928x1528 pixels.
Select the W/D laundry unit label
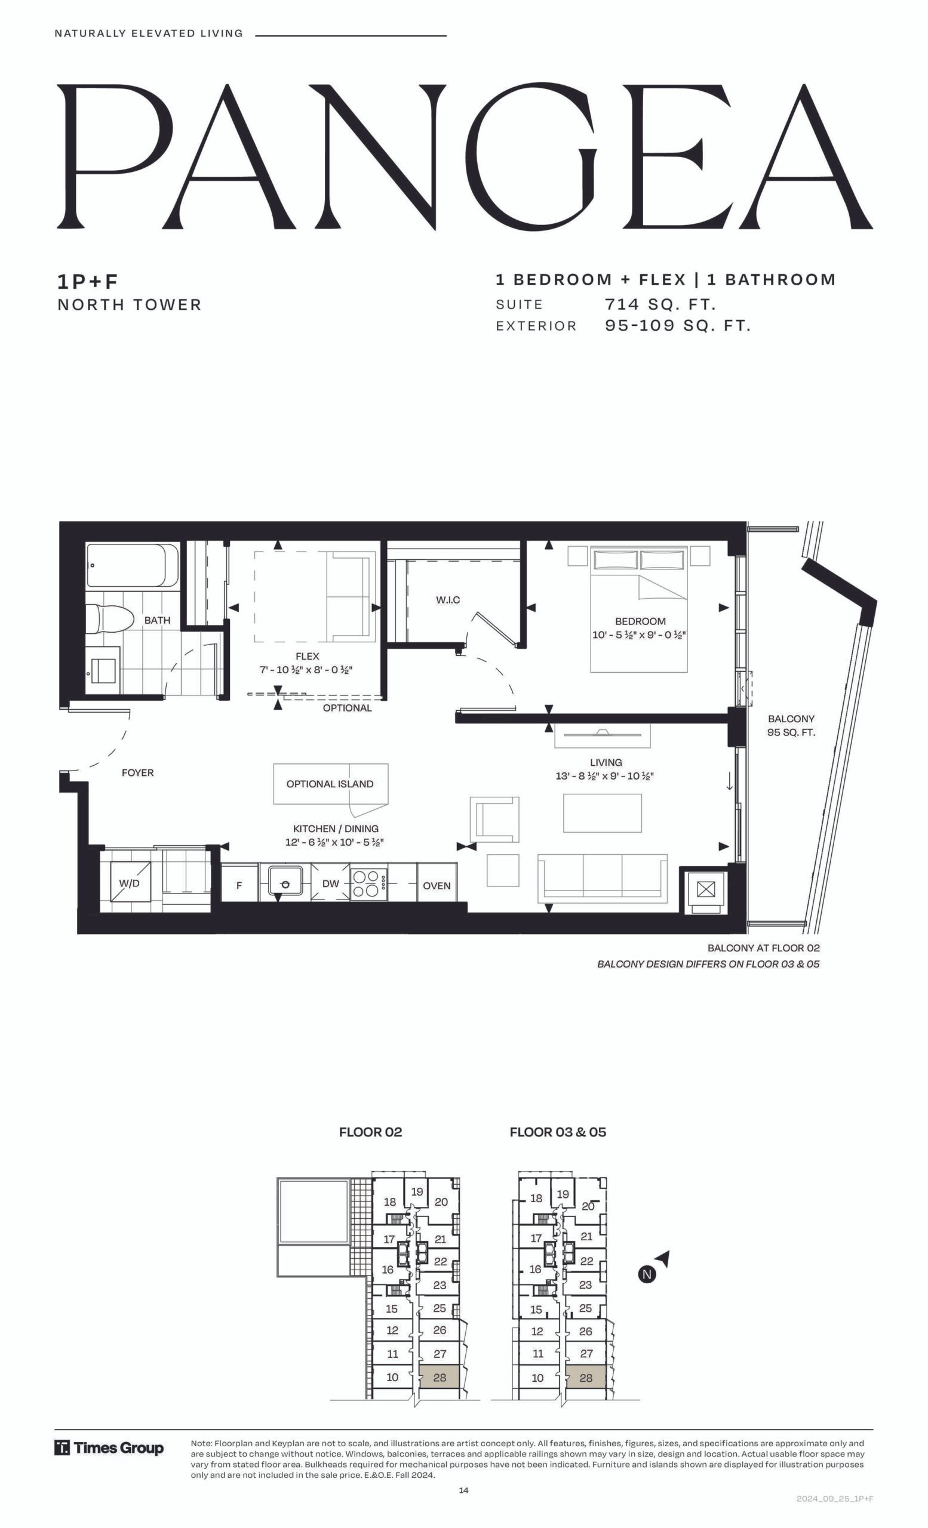coord(129,883)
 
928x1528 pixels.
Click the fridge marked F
coord(239,885)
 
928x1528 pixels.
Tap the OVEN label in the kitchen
coord(437,886)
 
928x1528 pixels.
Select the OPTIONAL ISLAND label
coord(330,784)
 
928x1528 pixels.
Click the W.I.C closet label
coord(448,600)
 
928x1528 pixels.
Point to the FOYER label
coord(138,773)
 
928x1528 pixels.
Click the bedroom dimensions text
coord(639,635)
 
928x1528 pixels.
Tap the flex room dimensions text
coord(306,670)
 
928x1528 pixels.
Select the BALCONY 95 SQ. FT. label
coord(791,726)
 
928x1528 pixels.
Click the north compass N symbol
coord(647,1274)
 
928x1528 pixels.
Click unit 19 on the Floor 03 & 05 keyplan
coord(563,1194)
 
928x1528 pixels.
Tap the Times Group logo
coord(109,1448)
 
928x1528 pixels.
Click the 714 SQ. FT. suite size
coord(660,304)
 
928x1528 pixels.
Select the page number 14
coord(464,1491)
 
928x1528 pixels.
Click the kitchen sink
coord(285,880)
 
